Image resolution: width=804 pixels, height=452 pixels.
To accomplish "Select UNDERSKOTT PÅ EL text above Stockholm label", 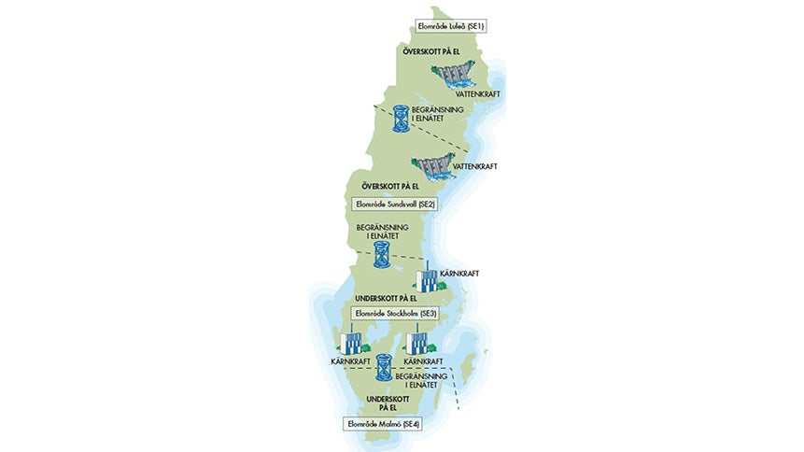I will [x=381, y=298].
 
